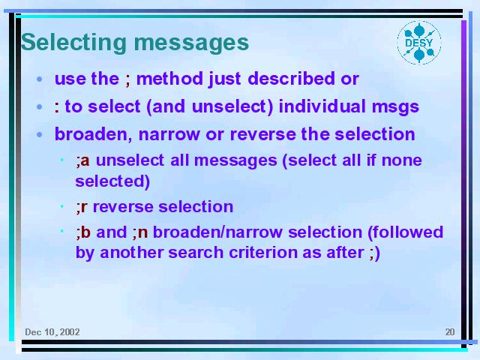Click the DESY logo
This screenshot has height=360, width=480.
(419, 43)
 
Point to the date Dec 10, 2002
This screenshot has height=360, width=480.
(52, 331)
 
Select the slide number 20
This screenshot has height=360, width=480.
(450, 331)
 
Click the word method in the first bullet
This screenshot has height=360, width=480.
(169, 78)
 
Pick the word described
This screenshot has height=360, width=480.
(291, 78)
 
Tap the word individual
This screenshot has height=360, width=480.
(322, 106)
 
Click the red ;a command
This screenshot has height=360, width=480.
(83, 160)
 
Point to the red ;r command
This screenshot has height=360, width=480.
(82, 207)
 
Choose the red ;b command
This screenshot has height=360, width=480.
(83, 232)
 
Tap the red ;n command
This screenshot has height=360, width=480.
(140, 232)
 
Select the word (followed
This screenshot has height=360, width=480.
(405, 232)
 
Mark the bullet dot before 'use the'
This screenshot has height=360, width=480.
(39, 79)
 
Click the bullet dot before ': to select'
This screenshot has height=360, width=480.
(39, 107)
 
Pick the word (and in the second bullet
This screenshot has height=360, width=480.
(166, 106)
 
